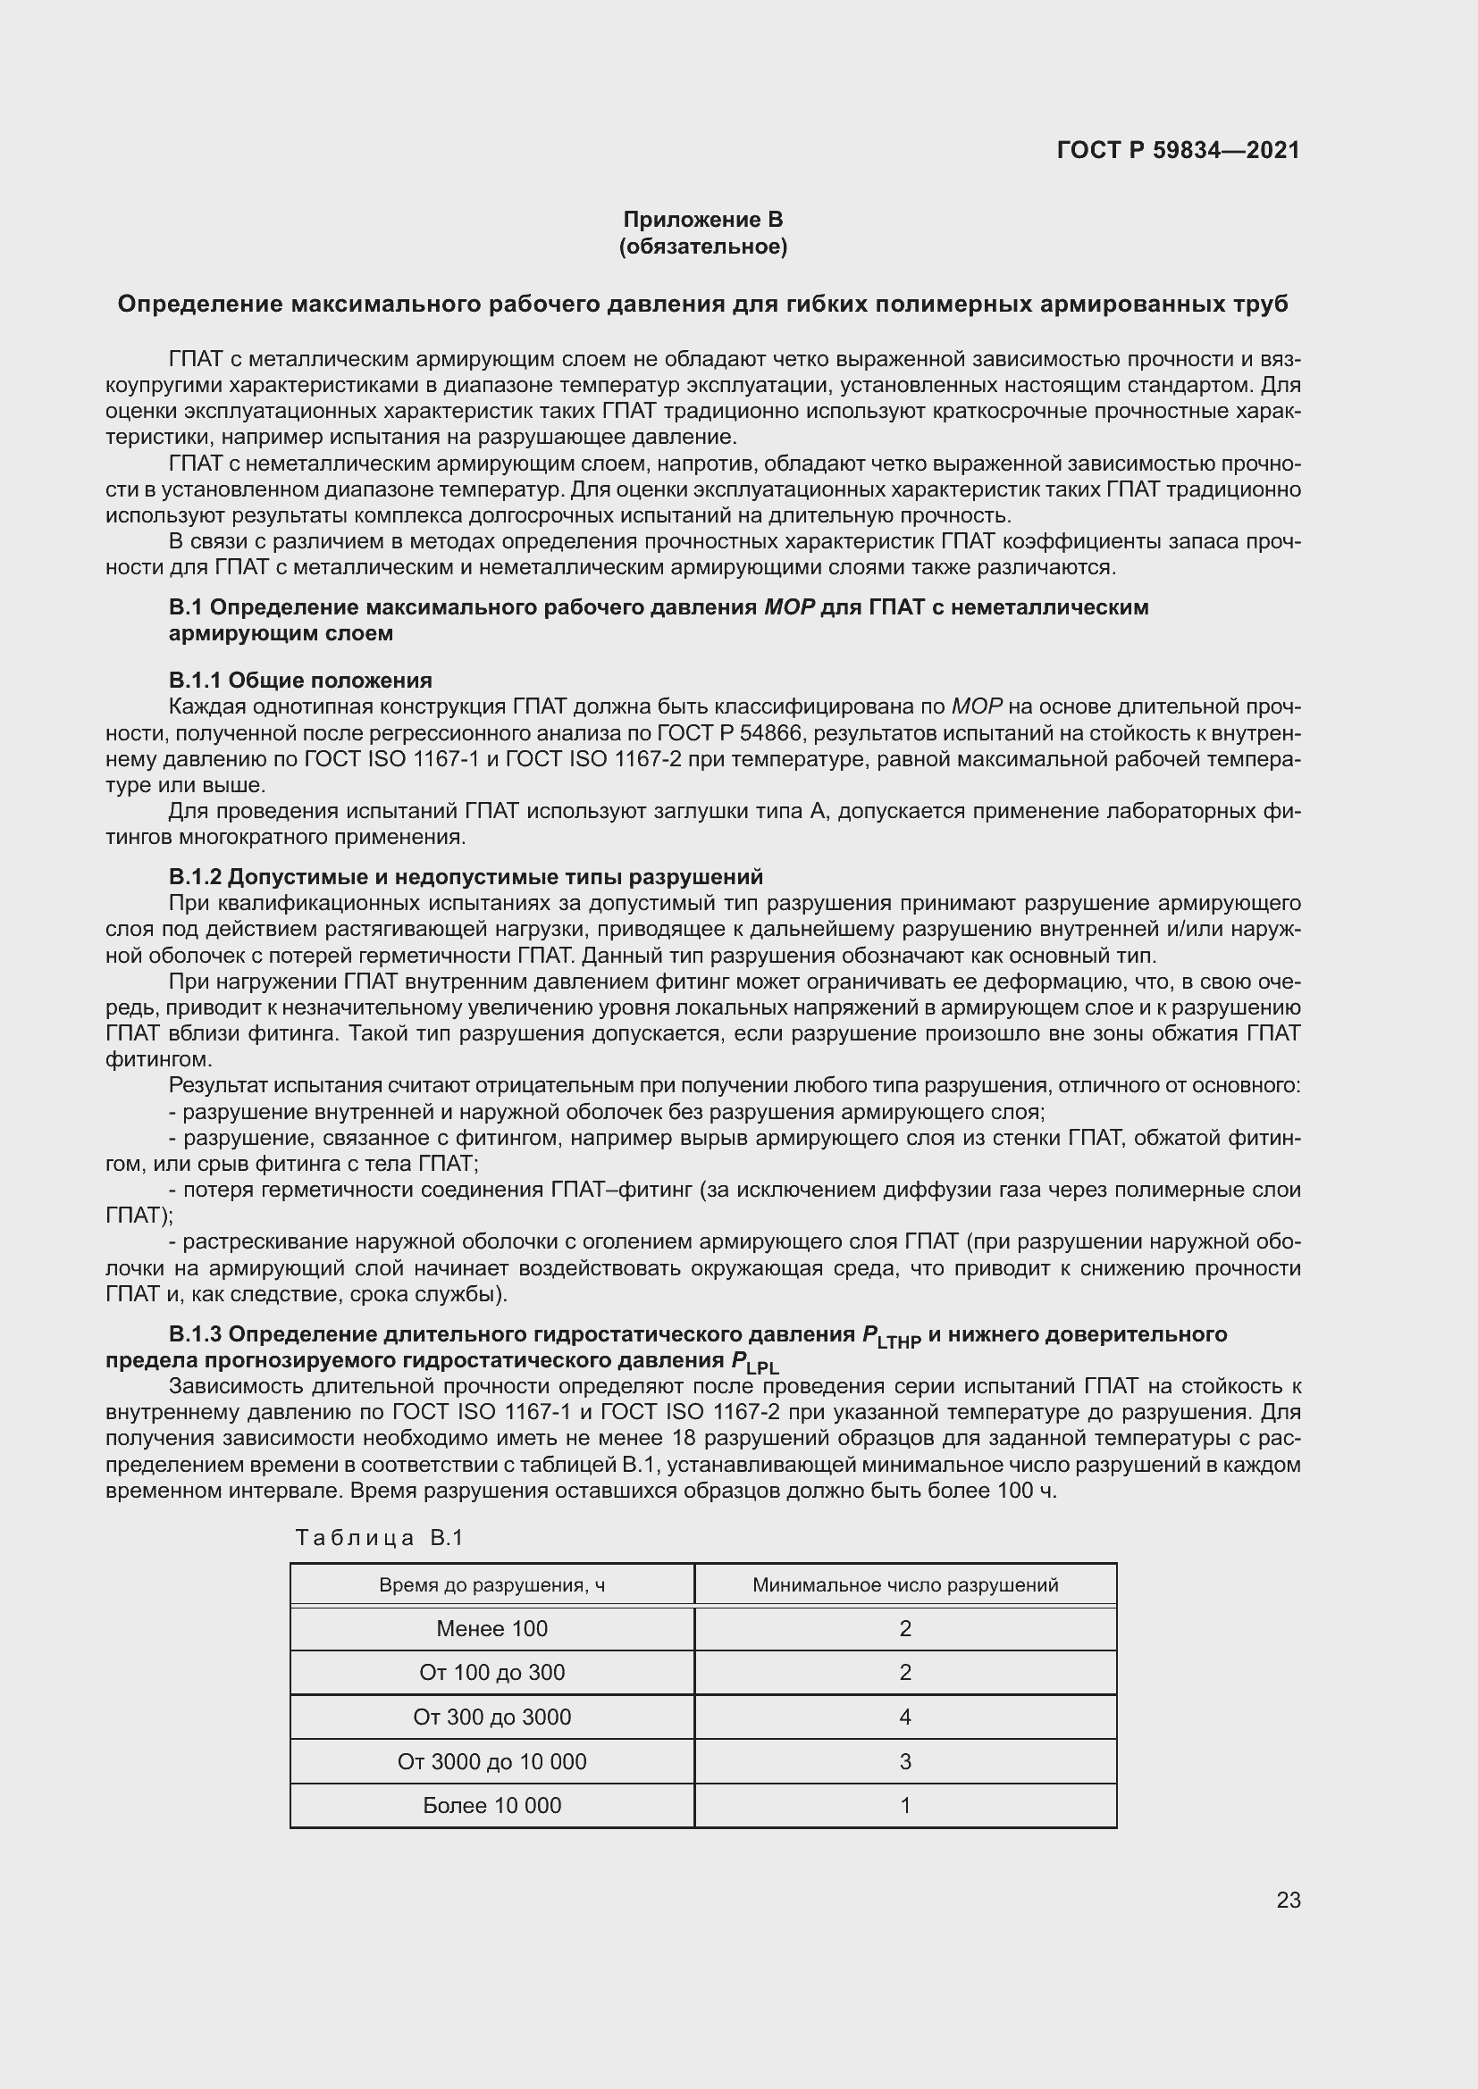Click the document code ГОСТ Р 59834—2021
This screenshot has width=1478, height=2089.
1178,150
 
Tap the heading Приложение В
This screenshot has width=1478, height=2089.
702,220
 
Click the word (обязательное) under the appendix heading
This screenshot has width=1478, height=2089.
702,247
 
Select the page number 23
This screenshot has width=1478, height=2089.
1288,1900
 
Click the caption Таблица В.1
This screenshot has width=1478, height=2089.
380,1538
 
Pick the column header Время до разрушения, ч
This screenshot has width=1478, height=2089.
491,1586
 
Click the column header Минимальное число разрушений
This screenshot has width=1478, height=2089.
904,1586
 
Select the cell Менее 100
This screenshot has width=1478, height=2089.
491,1629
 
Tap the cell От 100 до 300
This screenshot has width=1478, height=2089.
491,1672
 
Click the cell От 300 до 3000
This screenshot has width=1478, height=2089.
491,1717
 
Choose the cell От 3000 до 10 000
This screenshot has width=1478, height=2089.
491,1761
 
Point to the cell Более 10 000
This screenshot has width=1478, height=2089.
491,1805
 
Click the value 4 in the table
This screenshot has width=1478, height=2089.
904,1717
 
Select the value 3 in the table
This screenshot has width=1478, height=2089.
904,1761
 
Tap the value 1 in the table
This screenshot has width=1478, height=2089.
904,1805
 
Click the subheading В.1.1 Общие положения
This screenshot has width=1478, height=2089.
300,681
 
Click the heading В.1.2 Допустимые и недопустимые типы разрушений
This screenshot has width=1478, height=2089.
465,877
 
